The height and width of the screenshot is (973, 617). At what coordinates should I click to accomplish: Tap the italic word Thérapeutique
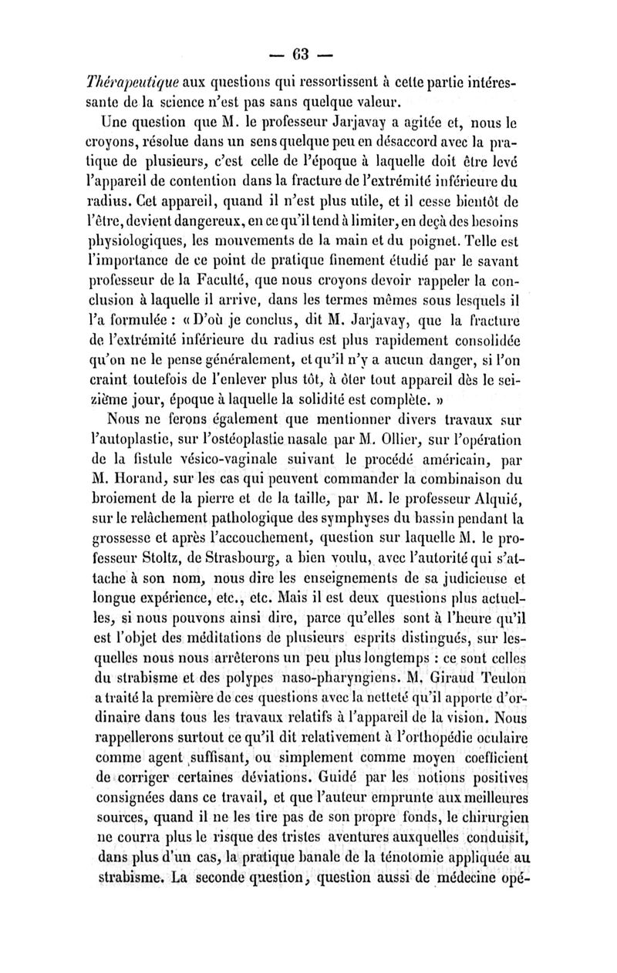131,82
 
